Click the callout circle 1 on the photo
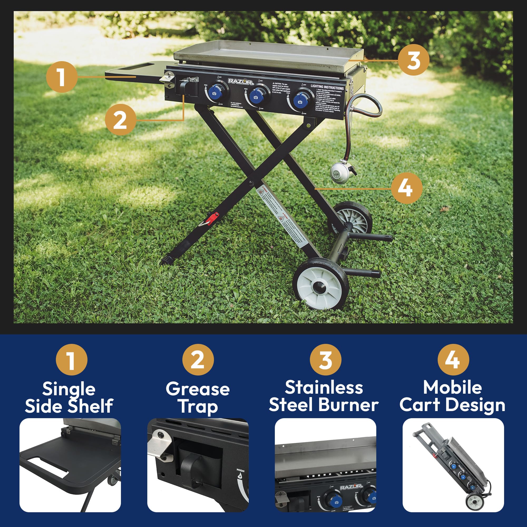[x=62, y=77]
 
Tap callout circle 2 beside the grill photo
[x=120, y=119]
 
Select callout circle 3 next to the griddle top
[x=413, y=60]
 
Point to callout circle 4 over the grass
[x=406, y=188]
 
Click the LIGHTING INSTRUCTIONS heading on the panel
[x=327, y=87]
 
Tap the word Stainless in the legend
[x=324, y=387]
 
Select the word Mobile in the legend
[x=452, y=387]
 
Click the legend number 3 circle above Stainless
[x=325, y=360]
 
